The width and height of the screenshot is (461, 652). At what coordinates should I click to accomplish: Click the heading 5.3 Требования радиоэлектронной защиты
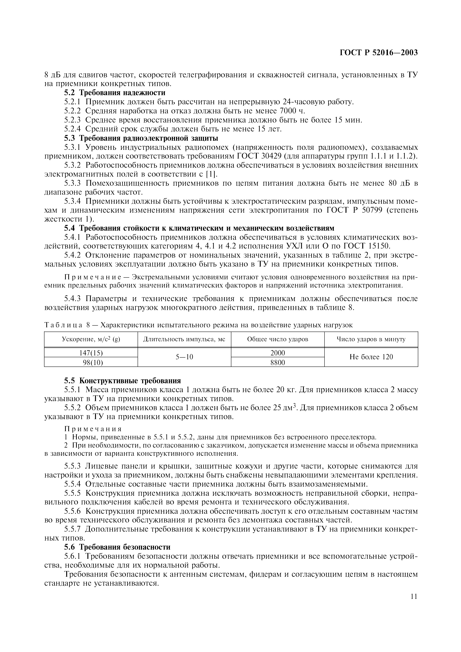141,138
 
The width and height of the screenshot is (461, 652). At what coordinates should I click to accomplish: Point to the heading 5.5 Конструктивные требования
122,380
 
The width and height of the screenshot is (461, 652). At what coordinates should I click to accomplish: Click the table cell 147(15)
91,353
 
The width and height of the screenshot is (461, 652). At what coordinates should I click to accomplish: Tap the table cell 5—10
184,357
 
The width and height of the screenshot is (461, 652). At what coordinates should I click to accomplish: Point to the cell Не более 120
371,357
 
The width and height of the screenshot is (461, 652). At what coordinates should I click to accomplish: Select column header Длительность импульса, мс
184,339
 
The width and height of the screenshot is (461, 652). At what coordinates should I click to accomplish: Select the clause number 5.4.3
72,299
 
